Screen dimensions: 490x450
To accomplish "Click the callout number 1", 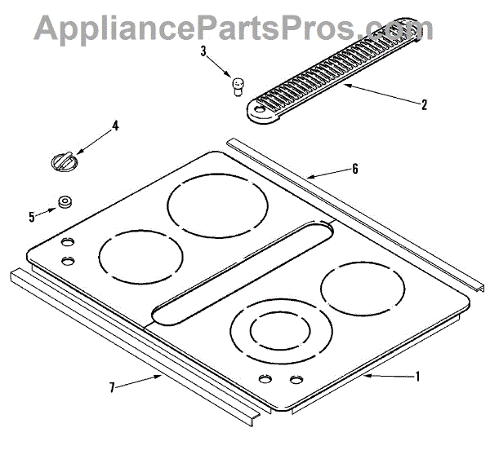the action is click(417, 377).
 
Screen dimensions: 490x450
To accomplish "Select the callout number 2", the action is click(424, 104).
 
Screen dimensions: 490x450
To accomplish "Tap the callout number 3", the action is click(203, 51).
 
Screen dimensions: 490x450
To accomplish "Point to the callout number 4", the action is click(115, 126).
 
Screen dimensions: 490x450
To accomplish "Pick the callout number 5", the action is click(32, 217).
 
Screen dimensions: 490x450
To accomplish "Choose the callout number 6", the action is click(355, 169).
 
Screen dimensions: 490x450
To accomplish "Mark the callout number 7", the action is click(112, 387).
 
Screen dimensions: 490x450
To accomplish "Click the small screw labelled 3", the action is click(238, 86).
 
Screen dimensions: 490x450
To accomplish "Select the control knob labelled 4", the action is click(65, 161).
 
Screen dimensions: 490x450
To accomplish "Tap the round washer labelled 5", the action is click(65, 202).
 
